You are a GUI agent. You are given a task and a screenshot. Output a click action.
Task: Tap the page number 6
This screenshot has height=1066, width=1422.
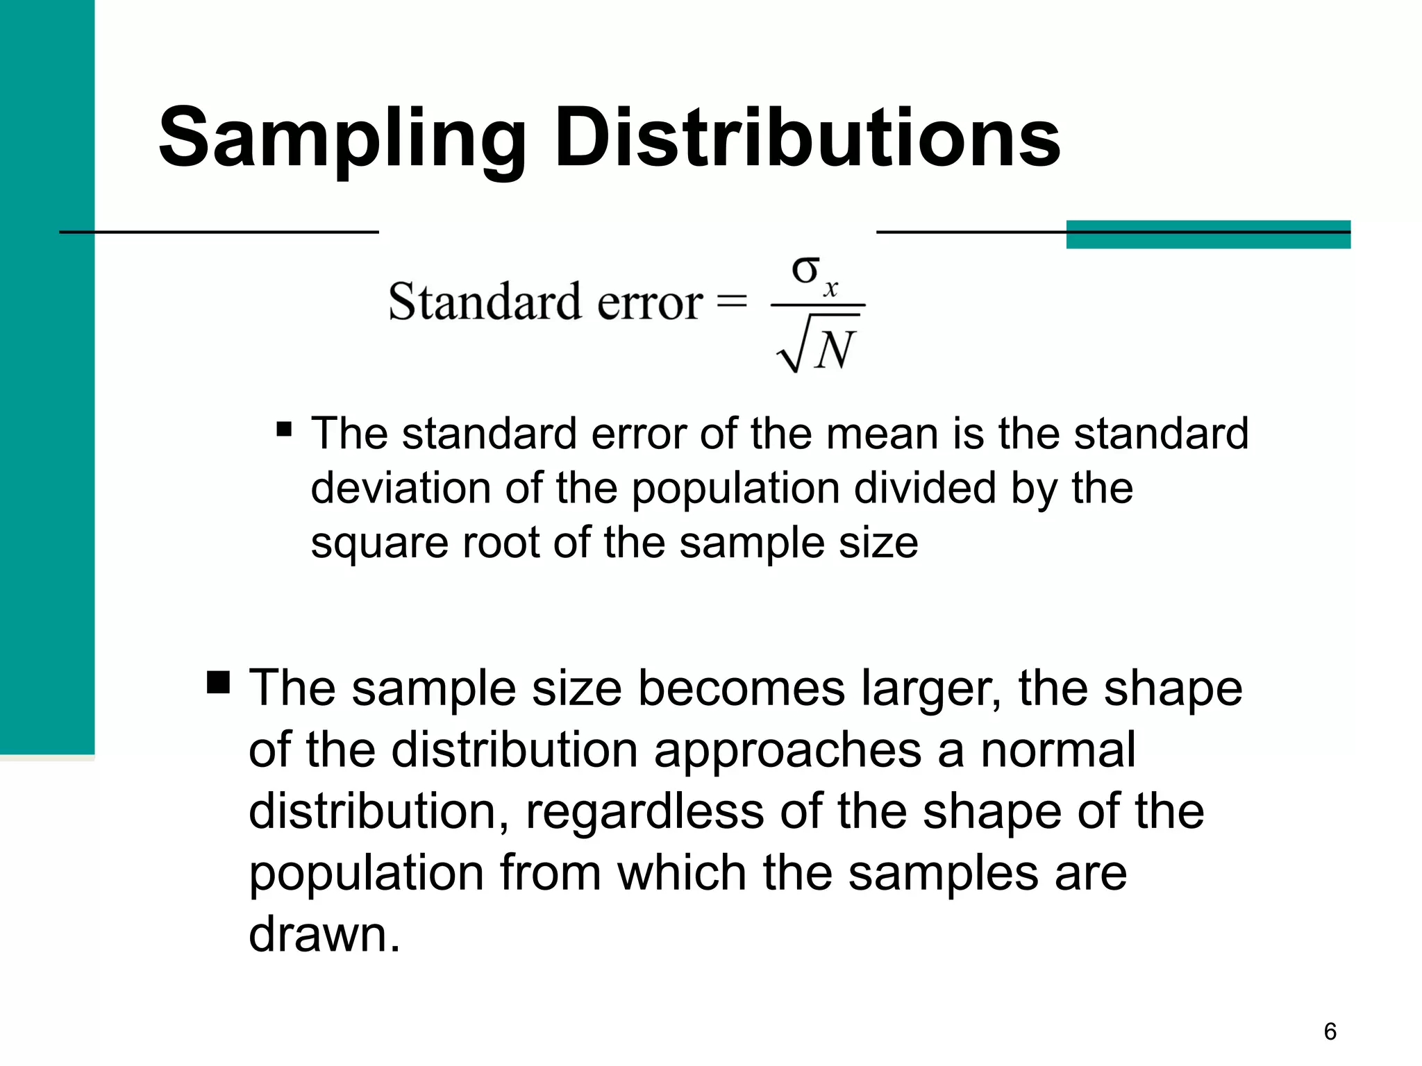click(x=1330, y=1031)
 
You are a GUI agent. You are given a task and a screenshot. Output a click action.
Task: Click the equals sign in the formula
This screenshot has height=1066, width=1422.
click(x=731, y=302)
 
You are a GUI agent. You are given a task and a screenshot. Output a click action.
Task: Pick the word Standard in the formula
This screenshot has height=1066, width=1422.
click(x=484, y=302)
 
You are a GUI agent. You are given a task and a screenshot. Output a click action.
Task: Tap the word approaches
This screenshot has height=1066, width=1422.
click(x=787, y=751)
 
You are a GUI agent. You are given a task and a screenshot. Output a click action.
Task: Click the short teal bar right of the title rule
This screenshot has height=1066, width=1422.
click(x=1207, y=235)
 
